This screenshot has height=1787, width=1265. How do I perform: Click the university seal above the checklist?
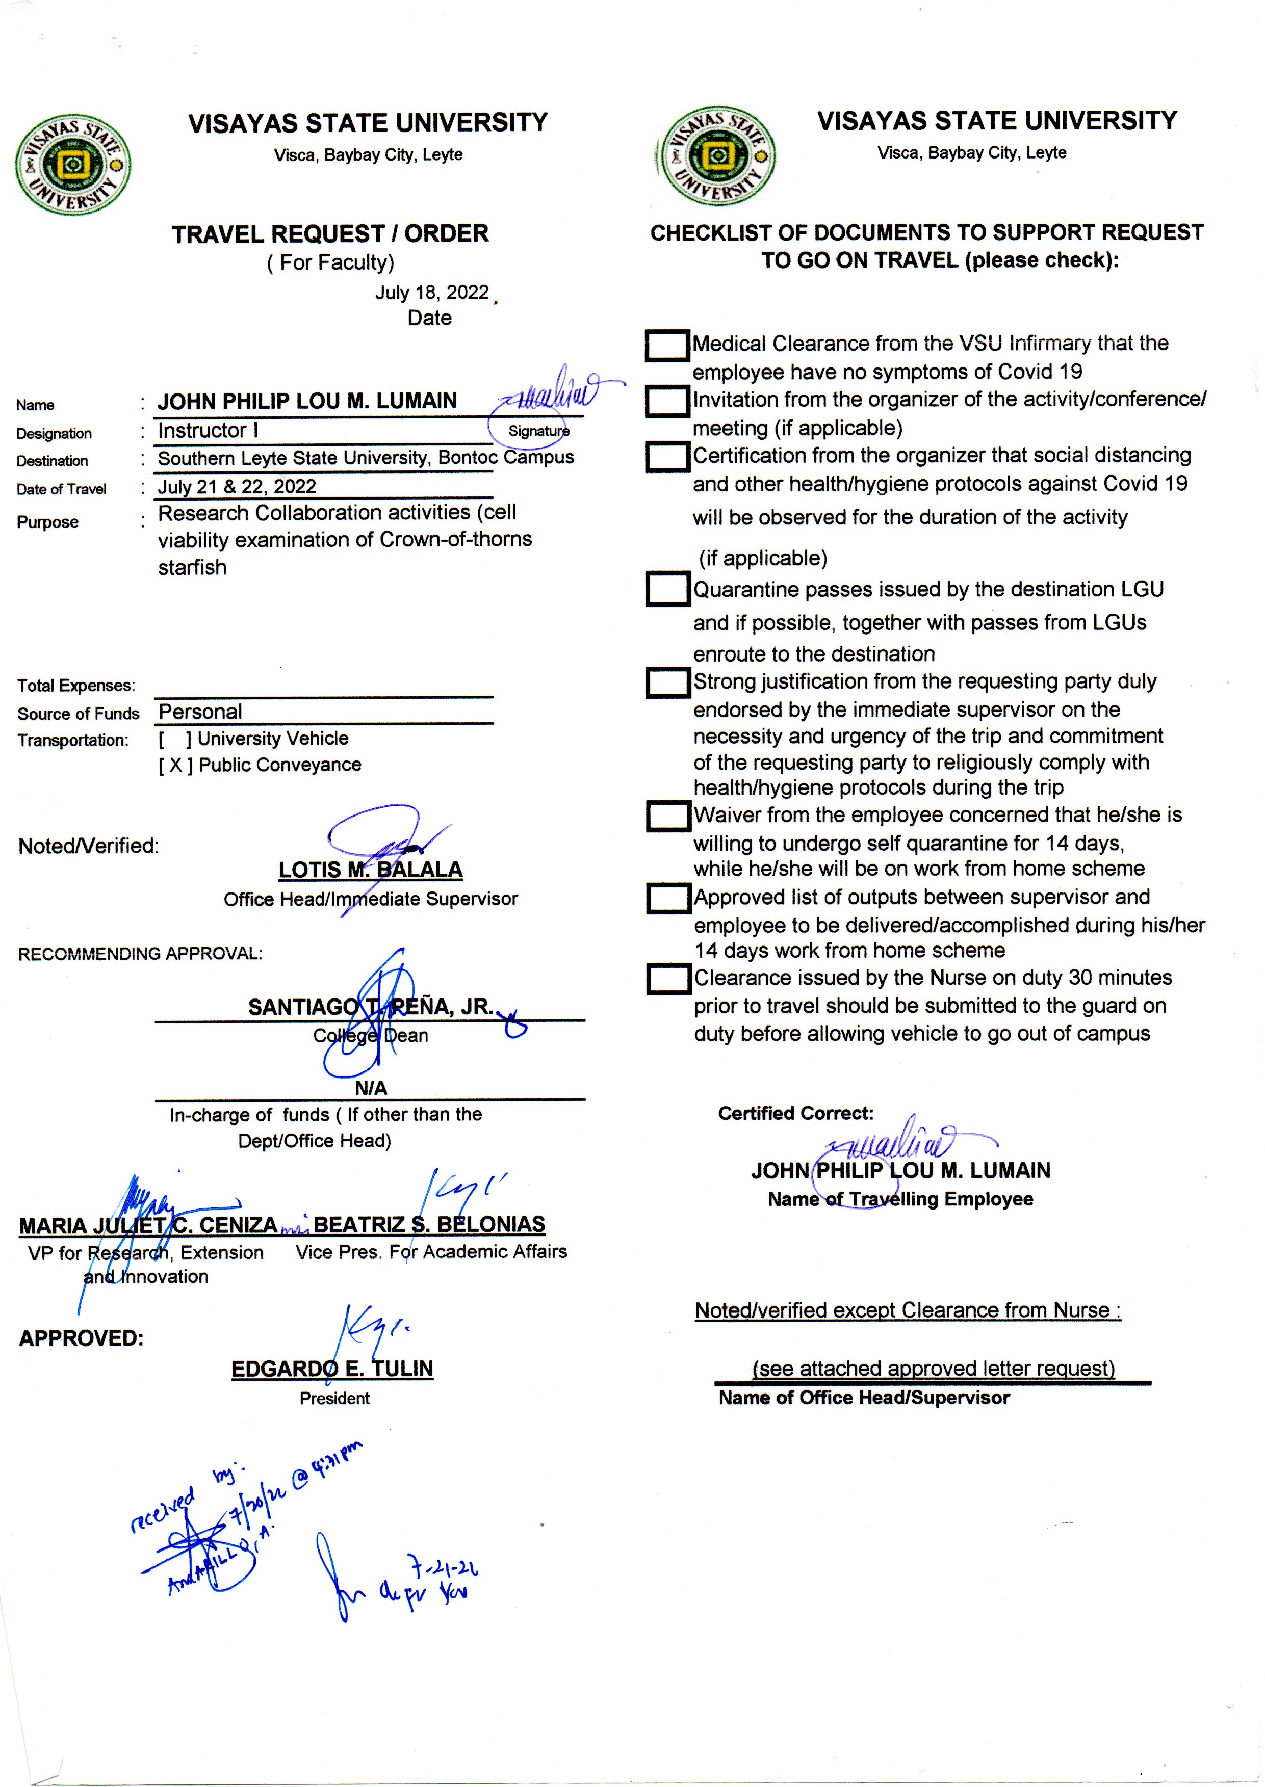(x=716, y=156)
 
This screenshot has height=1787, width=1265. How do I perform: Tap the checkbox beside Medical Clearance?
(x=667, y=346)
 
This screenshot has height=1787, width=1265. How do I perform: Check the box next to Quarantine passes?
(x=667, y=589)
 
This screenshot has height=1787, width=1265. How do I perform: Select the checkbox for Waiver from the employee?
(x=667, y=816)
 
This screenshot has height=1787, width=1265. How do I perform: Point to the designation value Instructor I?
(x=208, y=431)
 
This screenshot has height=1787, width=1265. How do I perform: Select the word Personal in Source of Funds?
(x=200, y=712)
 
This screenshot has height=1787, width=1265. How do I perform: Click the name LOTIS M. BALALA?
(x=370, y=870)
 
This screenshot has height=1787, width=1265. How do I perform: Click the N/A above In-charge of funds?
(x=371, y=1087)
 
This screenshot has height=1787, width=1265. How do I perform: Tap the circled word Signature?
(x=538, y=431)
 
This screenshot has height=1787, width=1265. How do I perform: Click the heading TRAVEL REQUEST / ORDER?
(x=330, y=233)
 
